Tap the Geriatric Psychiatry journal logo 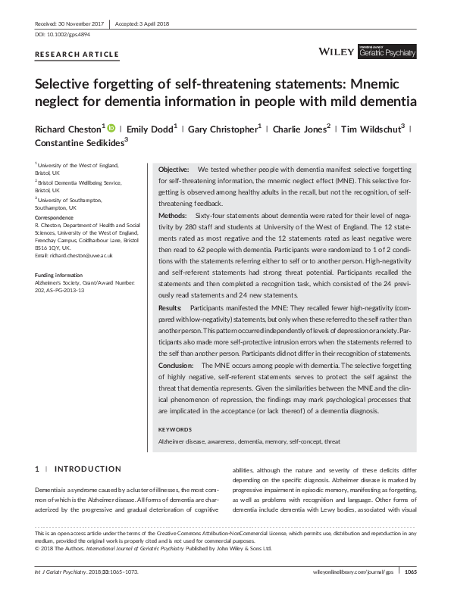coord(388,52)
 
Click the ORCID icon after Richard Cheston coord(110,128)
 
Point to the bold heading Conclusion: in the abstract coord(177,365)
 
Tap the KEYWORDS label coord(175,429)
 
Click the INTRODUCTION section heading coord(87,469)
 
